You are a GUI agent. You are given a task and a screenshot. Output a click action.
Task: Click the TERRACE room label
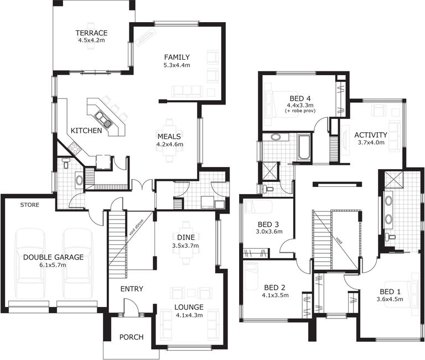click(x=92, y=33)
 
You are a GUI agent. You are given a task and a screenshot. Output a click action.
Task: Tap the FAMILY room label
click(x=177, y=57)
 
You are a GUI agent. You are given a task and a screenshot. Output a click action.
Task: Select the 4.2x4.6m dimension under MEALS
click(x=169, y=144)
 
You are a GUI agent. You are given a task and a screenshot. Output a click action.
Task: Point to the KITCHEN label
click(x=86, y=131)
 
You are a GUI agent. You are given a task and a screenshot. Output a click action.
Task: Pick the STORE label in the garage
click(x=29, y=205)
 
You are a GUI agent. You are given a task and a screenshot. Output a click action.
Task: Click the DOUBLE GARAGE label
click(x=53, y=257)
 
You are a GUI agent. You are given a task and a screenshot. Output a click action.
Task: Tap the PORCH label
click(x=131, y=337)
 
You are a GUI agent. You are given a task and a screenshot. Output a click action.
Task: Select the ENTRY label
click(x=132, y=289)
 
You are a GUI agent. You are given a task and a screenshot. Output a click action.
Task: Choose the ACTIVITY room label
click(x=370, y=134)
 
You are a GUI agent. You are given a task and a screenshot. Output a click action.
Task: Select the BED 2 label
click(x=274, y=287)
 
